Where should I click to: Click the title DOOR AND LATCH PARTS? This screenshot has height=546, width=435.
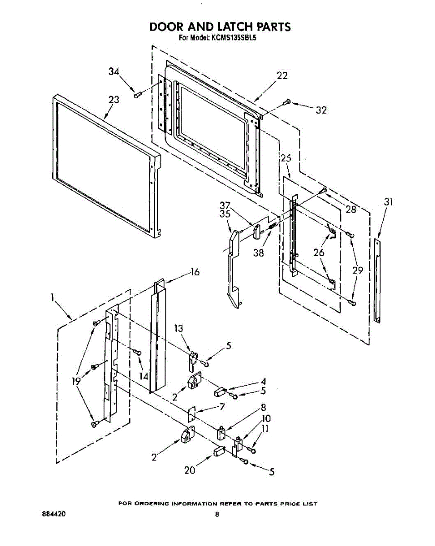click(x=220, y=27)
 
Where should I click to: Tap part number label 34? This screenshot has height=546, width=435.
click(x=114, y=71)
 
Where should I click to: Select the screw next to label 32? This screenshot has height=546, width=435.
click(x=286, y=103)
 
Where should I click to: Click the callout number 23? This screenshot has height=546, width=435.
click(x=114, y=100)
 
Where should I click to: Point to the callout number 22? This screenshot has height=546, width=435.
click(x=282, y=76)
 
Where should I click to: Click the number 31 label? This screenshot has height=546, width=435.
click(x=388, y=202)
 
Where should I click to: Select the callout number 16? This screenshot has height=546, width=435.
click(x=195, y=272)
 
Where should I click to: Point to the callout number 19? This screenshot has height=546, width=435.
click(x=76, y=381)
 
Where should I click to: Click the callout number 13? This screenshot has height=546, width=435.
click(x=180, y=328)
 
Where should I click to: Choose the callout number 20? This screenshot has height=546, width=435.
click(x=190, y=470)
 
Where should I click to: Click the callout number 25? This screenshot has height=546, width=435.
click(x=286, y=158)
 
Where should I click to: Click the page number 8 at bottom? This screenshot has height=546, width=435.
click(x=217, y=515)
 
